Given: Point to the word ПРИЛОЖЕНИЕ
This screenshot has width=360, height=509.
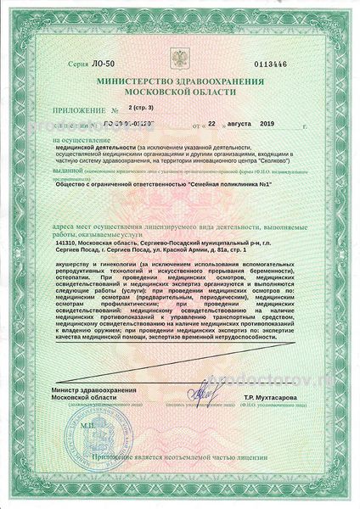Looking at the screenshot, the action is point(79,111).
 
